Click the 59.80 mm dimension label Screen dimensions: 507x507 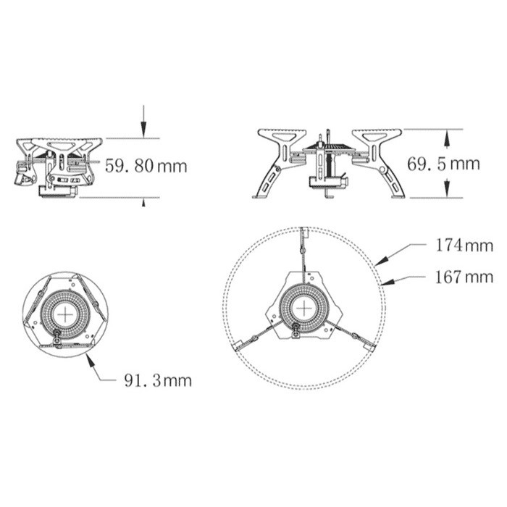click(x=146, y=166)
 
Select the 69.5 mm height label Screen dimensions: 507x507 click(x=443, y=164)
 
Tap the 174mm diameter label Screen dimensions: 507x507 click(x=464, y=246)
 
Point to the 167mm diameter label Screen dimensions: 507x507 click(x=464, y=277)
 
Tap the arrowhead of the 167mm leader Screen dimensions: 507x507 click(x=382, y=283)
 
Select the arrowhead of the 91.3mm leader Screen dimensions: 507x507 click(x=88, y=356)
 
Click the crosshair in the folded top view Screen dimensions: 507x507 click(x=66, y=314)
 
